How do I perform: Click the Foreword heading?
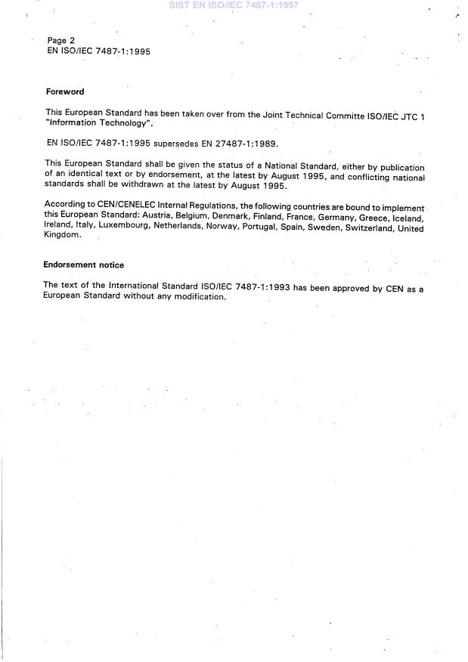point(64,91)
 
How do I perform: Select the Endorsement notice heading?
point(83,265)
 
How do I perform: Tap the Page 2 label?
point(60,40)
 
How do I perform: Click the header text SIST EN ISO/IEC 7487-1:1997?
point(234,5)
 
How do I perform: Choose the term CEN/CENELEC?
point(113,205)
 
